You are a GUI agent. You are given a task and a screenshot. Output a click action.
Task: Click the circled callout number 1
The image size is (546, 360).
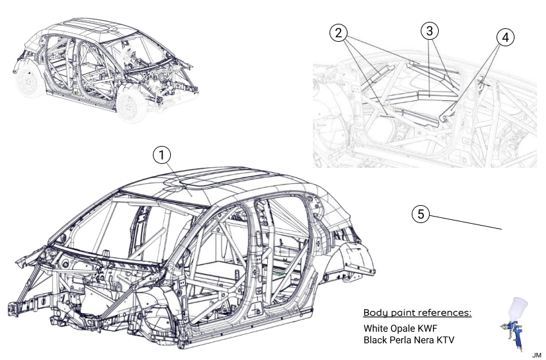click(x=163, y=155)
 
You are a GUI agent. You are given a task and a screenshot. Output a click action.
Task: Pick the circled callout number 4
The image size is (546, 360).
click(x=506, y=37)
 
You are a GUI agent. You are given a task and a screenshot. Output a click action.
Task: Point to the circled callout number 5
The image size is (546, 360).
click(x=421, y=214)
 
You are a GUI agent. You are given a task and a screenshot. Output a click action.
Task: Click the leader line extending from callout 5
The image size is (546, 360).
click(x=466, y=222)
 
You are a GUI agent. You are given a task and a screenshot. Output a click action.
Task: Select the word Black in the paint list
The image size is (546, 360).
click(x=376, y=339)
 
